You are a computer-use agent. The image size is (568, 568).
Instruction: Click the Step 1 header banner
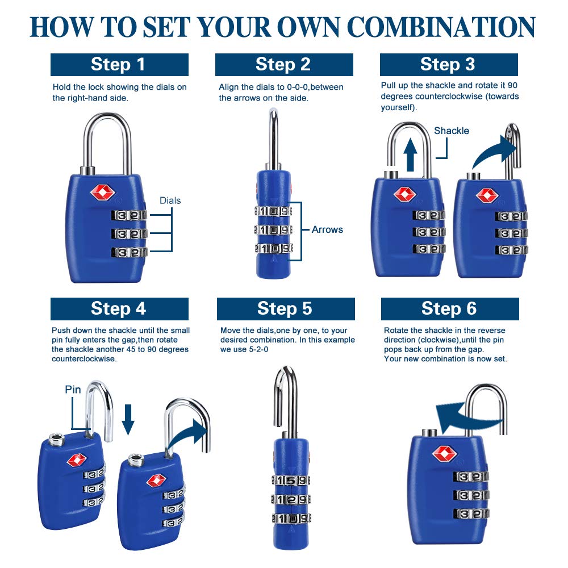point(119,65)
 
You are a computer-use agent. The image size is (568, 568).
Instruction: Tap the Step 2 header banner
point(283,65)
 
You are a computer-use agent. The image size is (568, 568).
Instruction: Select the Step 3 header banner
point(448,65)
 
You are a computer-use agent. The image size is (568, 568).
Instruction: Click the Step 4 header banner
point(119,308)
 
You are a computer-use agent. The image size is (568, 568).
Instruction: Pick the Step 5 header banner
point(285,308)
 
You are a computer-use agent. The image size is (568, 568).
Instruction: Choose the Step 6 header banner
point(449,308)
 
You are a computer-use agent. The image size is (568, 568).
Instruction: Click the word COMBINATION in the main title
point(441,27)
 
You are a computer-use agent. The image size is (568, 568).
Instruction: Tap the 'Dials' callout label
point(170,201)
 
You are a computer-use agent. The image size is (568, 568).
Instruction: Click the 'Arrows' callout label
point(327,230)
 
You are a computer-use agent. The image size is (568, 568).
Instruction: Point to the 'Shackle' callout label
point(452,131)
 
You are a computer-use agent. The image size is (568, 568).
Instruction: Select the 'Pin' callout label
point(73,390)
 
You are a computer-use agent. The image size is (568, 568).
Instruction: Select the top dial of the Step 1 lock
point(129,215)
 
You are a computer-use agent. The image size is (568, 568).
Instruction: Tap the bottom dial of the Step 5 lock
point(291,518)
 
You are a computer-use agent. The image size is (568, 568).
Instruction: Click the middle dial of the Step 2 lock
point(274,230)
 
